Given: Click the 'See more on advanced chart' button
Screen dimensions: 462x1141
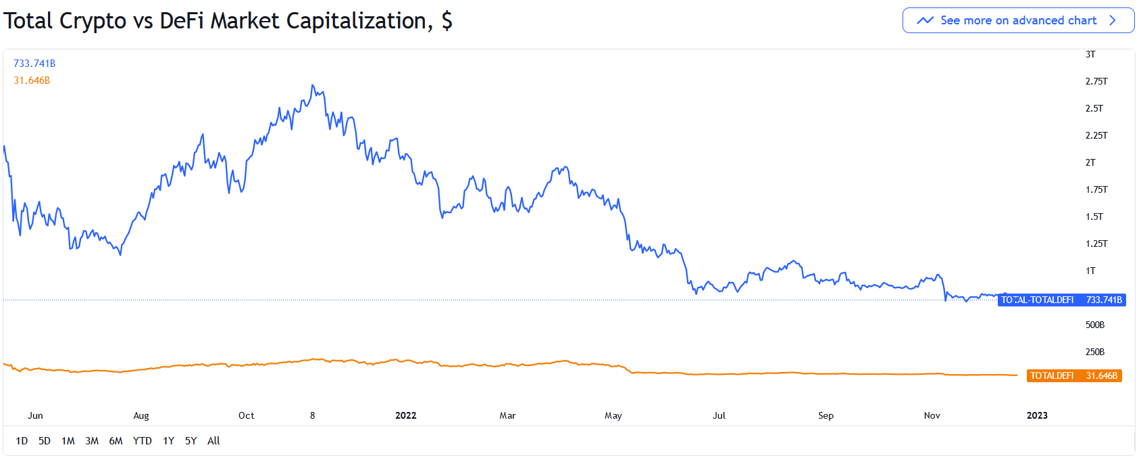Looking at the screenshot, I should (x=1018, y=20).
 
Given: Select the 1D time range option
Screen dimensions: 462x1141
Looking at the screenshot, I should (x=22, y=441).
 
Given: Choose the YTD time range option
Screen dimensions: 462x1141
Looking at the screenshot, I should (x=142, y=441).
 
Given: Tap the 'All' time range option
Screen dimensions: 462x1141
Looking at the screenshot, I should (x=213, y=441).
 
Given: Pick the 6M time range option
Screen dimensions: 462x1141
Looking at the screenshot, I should (x=116, y=441).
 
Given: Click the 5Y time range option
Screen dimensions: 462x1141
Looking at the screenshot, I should (x=191, y=441).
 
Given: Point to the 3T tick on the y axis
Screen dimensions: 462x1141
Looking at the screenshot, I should (x=1090, y=54).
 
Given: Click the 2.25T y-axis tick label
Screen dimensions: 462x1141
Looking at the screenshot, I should (x=1096, y=135).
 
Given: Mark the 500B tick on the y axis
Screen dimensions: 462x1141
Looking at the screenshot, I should (x=1095, y=325).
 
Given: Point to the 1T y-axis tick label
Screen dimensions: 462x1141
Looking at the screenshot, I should (x=1090, y=271).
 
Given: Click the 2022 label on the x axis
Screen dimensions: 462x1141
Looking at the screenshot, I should (x=405, y=415).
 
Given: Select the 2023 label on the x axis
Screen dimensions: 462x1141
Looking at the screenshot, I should (x=1037, y=415).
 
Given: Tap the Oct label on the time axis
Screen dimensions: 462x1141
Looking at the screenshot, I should (x=247, y=415).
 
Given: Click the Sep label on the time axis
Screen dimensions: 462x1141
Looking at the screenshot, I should (x=826, y=415).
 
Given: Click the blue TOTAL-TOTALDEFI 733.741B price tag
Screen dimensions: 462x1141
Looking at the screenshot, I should (x=1061, y=300).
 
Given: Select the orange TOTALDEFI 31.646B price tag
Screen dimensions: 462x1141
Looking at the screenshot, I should (x=1073, y=375).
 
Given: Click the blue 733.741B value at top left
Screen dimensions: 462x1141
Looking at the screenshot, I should (x=34, y=64).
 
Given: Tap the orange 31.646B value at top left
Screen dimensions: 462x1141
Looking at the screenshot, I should (x=32, y=80).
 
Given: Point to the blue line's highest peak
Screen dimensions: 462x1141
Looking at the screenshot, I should (x=312, y=85).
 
